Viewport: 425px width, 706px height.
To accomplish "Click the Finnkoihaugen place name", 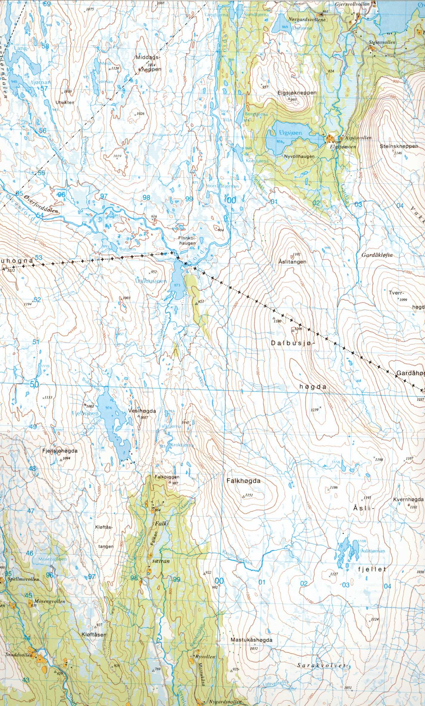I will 187,240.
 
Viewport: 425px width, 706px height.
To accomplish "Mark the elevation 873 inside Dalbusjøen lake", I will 177,285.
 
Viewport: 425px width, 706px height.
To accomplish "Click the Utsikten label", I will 65,102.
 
